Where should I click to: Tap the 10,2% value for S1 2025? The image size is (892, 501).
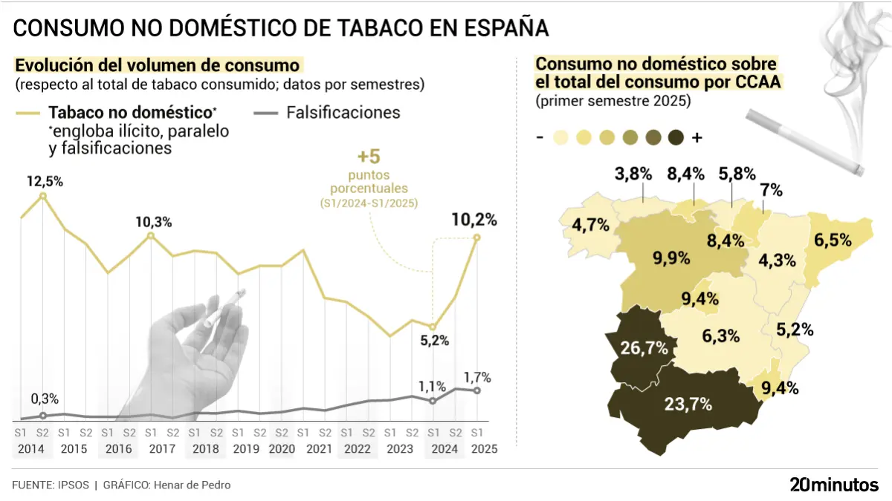(475, 220)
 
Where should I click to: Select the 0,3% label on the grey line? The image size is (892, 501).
(45, 399)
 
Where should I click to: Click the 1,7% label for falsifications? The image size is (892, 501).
(476, 377)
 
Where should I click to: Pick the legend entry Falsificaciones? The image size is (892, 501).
(343, 113)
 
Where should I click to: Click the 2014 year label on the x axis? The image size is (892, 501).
(31, 449)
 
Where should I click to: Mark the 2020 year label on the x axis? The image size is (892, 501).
(282, 449)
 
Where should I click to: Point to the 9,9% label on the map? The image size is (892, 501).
(672, 258)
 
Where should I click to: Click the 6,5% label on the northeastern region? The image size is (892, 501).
(832, 240)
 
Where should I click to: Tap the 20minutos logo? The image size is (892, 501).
(833, 485)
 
